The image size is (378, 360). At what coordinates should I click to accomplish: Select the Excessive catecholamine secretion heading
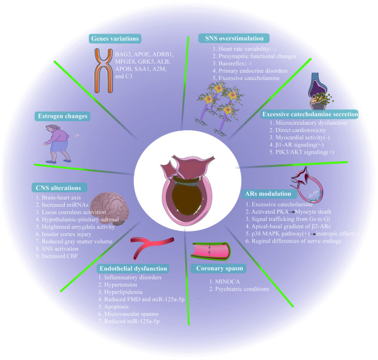[x=310, y=113]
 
